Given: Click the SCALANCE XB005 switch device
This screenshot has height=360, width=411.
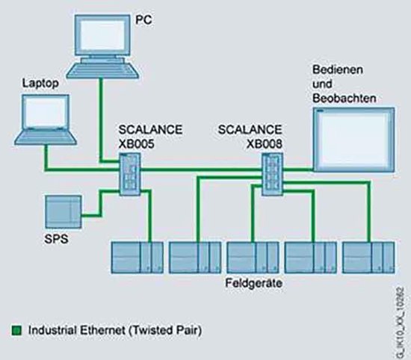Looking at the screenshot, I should point(129,173).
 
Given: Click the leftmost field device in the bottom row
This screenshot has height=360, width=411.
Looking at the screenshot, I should point(136,258).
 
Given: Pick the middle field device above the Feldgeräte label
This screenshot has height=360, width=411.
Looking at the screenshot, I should point(253,258).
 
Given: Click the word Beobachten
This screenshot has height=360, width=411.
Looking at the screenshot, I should point(343,96).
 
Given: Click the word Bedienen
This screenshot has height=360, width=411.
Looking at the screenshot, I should point(334,69).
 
